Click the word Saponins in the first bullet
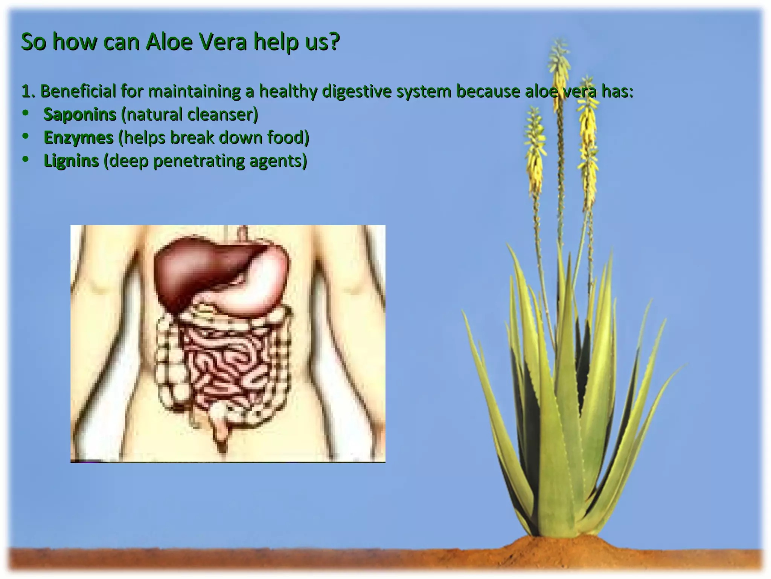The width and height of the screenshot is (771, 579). [x=80, y=114]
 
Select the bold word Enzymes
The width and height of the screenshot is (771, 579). [x=78, y=138]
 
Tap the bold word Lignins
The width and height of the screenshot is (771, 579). [x=71, y=161]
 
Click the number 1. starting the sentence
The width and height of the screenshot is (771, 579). [x=28, y=92]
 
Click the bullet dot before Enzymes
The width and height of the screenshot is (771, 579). [x=25, y=136]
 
